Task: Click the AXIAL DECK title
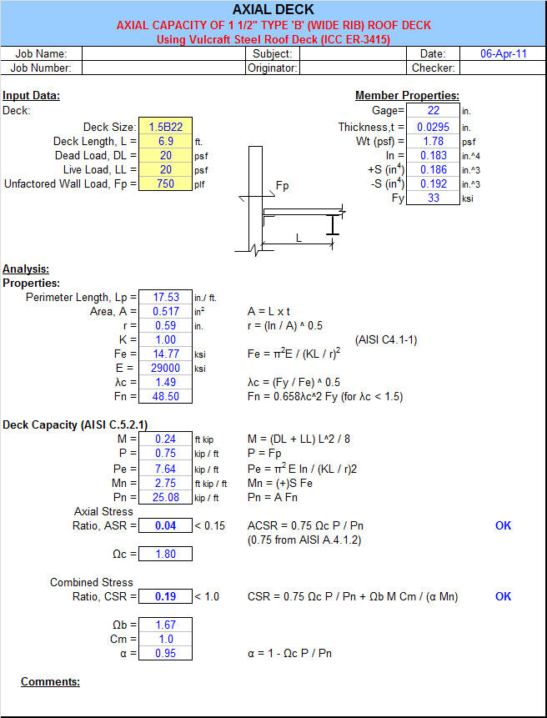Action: tap(273, 10)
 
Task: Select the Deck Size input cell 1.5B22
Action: tap(166, 127)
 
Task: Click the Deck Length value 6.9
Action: tap(166, 141)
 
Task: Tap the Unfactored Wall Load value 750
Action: tap(166, 183)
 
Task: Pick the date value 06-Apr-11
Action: tap(504, 53)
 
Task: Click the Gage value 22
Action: tap(434, 110)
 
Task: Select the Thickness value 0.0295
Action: tap(434, 127)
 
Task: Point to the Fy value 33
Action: tap(434, 198)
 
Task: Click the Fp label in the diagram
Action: tap(283, 186)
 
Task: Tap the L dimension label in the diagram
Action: tap(299, 238)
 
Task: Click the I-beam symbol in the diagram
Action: tap(333, 225)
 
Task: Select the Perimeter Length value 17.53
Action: tap(166, 297)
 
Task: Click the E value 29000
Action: tap(166, 368)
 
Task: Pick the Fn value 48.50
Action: tap(166, 397)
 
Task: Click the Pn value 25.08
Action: tap(166, 497)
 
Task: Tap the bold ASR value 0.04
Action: tap(166, 525)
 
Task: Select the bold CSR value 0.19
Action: tap(166, 596)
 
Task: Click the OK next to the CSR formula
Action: tap(503, 596)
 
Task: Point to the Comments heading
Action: tap(50, 682)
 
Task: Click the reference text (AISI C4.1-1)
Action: tap(386, 340)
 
